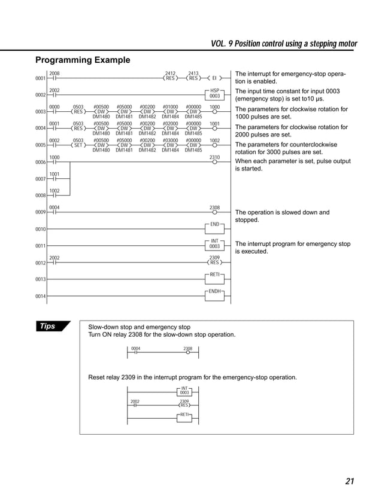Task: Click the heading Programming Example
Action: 82,60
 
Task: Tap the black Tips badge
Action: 50,326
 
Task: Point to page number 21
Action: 350,480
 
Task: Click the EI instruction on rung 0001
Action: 214,78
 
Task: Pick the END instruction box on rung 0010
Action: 214,224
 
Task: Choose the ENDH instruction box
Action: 214,291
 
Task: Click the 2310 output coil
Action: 214,160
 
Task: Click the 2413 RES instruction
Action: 193,78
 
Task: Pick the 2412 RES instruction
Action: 171,78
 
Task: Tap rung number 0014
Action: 40,296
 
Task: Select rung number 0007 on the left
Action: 40,179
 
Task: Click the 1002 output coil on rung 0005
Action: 214,144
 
